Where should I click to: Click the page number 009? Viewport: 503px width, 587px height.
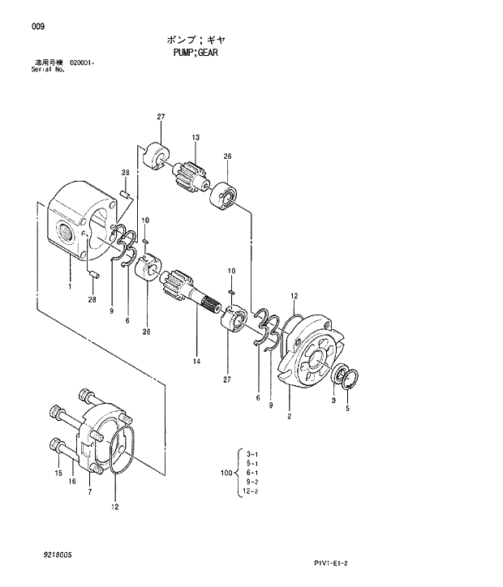pos(38,27)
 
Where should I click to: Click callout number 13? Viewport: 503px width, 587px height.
pos(196,138)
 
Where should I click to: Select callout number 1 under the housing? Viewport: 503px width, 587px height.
pos(71,286)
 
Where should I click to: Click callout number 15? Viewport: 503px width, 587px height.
pos(58,473)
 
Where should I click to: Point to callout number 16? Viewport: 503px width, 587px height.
pos(72,482)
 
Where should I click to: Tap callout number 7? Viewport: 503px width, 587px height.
pos(90,492)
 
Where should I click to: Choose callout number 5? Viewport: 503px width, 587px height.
pos(348,409)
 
